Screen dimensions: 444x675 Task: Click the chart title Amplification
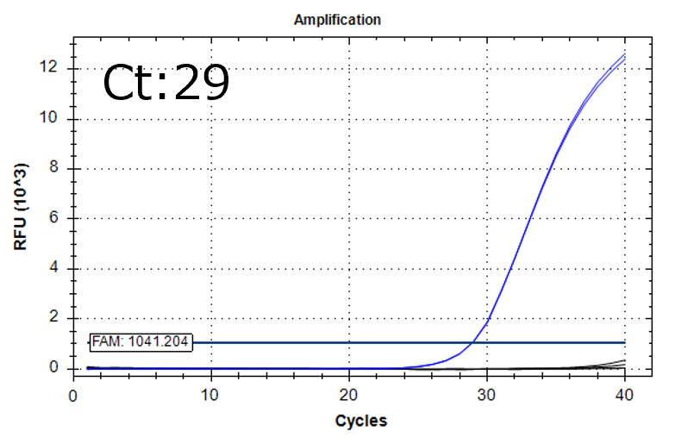pyautogui.click(x=337, y=19)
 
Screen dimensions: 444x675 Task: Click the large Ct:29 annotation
pyautogui.click(x=166, y=84)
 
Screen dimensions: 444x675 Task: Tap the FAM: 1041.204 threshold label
pyautogui.click(x=141, y=342)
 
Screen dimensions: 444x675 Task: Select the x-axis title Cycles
pyautogui.click(x=360, y=421)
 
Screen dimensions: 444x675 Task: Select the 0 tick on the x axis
pyautogui.click(x=73, y=394)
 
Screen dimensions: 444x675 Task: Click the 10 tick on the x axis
pyautogui.click(x=210, y=394)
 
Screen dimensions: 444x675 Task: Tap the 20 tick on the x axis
pyautogui.click(x=348, y=394)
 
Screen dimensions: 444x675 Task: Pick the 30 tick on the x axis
pyautogui.click(x=486, y=394)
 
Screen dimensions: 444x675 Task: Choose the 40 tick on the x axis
pyautogui.click(x=624, y=394)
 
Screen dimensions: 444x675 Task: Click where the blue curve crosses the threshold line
pyautogui.click(x=473, y=342)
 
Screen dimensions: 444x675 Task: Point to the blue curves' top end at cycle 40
pyautogui.click(x=624, y=55)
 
